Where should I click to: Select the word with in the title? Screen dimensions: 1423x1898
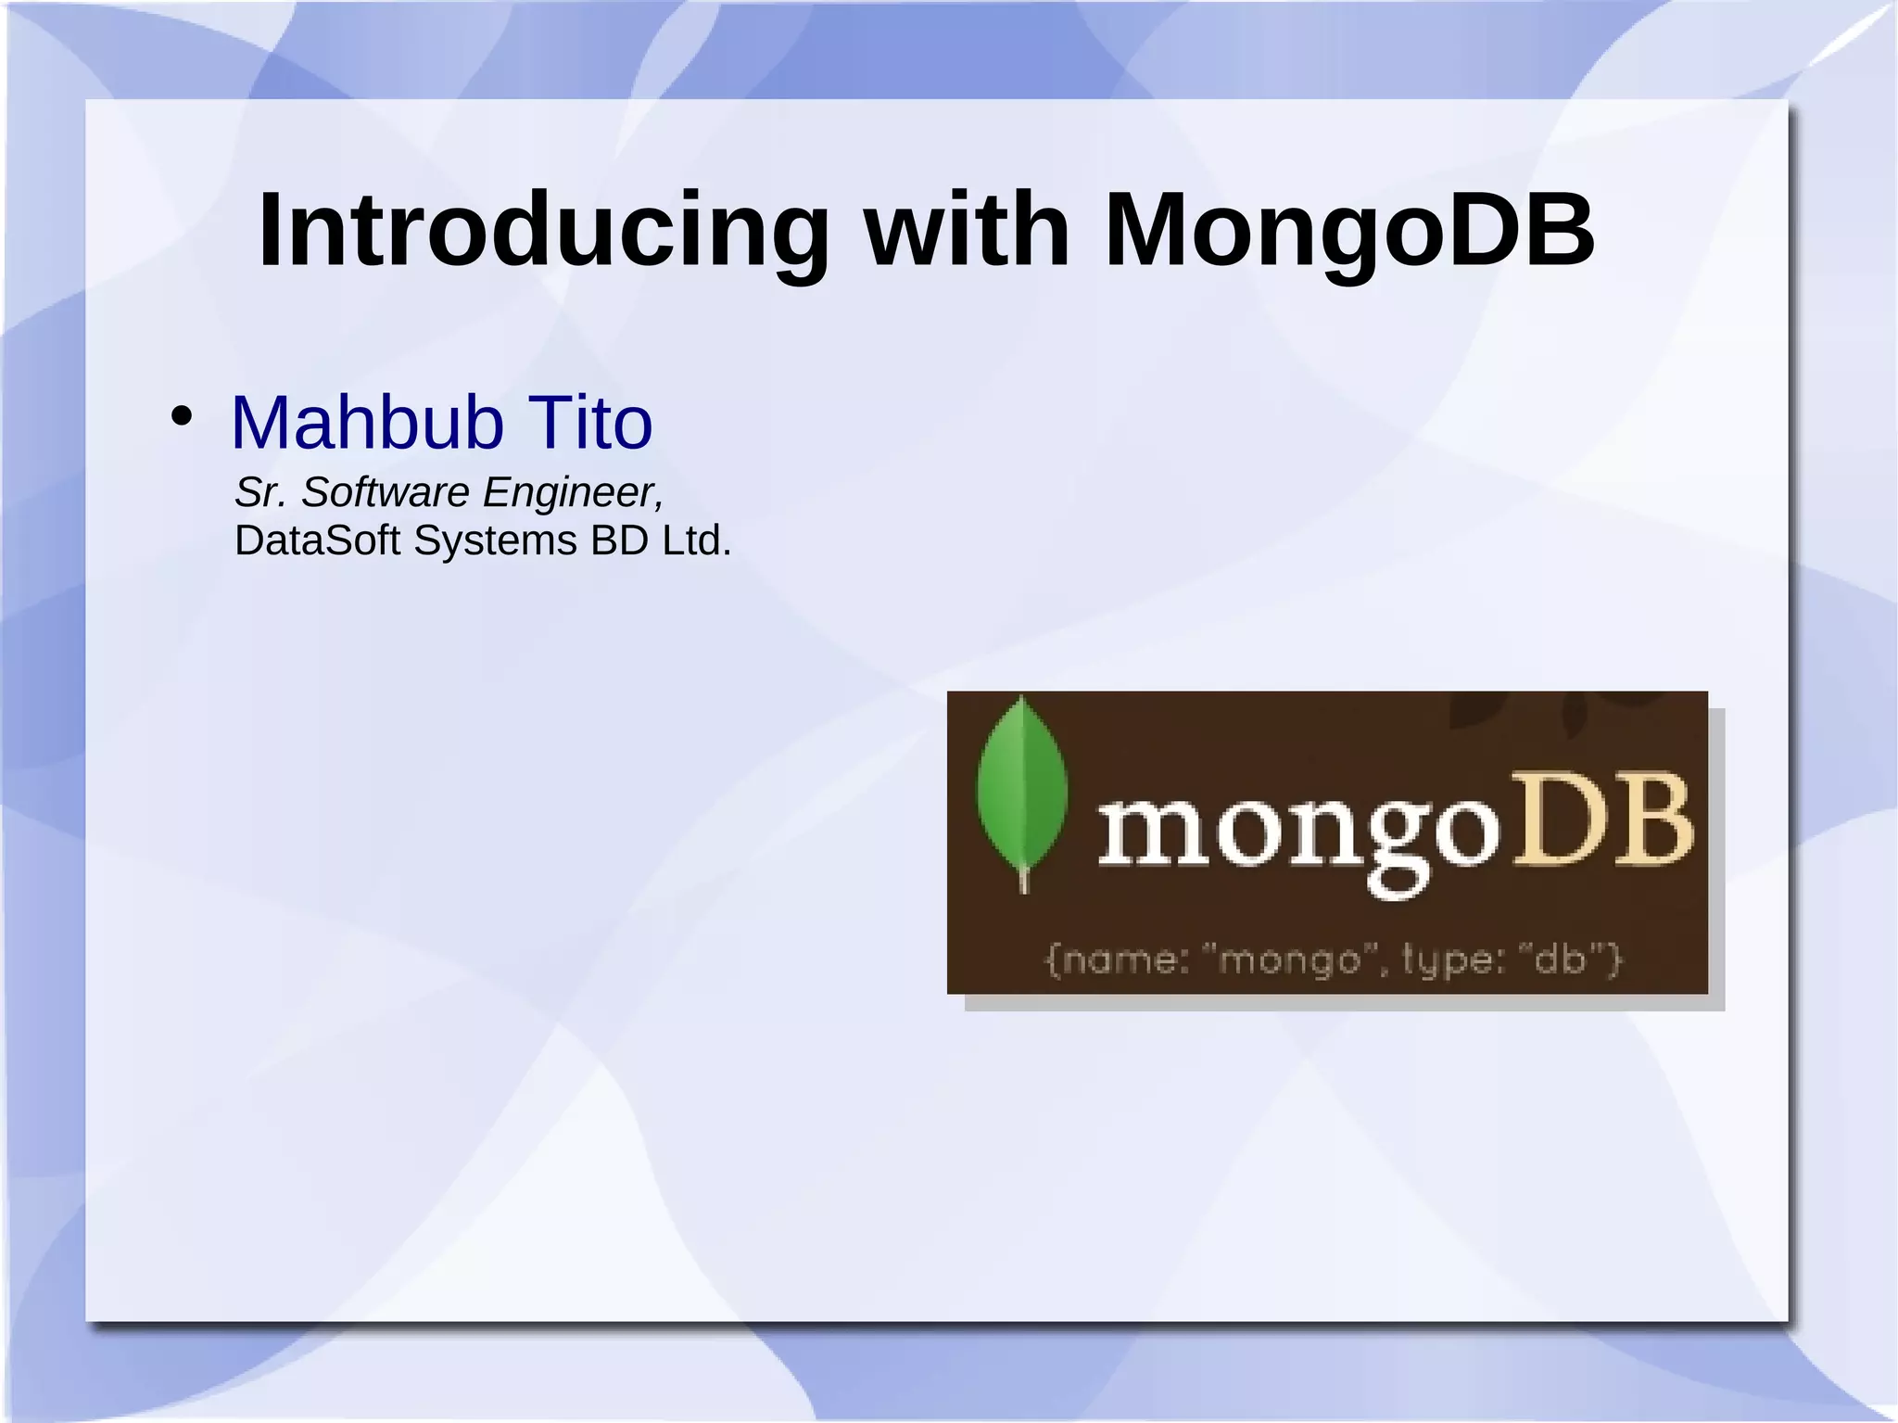pyautogui.click(x=967, y=230)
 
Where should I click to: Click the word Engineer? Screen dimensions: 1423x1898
pyautogui.click(x=573, y=492)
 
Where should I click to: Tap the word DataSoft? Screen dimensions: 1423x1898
pyautogui.click(x=318, y=540)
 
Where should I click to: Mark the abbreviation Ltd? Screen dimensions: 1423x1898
pyautogui.click(x=696, y=540)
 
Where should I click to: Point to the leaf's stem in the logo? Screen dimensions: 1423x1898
pyautogui.click(x=1024, y=879)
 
